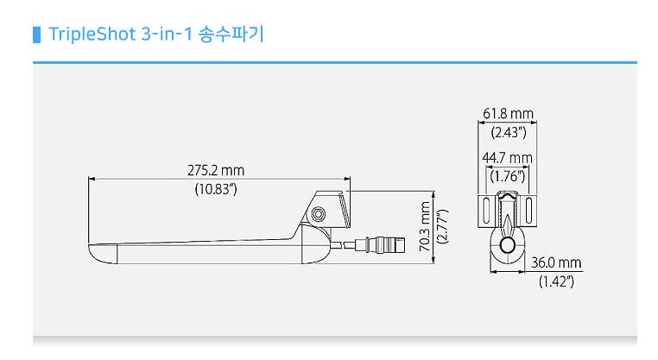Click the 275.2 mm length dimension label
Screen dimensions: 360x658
pos(216,170)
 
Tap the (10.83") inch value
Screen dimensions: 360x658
pos(216,189)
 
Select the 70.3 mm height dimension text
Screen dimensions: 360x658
pos(425,227)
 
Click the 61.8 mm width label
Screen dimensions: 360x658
pos(508,114)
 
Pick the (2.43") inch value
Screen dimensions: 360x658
pos(508,132)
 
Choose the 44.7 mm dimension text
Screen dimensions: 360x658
pos(508,158)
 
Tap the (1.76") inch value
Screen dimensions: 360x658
pos(508,176)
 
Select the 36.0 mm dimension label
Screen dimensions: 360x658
pos(555,263)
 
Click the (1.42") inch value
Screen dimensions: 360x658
pos(555,281)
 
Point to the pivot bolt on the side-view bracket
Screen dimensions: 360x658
pos(320,213)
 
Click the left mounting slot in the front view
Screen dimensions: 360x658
pos(488,211)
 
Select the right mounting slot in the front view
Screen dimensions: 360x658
pos(528,211)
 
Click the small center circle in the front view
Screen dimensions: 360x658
pos(508,246)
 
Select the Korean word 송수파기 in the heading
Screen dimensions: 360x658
pos(232,36)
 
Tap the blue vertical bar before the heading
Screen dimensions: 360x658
pos(36,36)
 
